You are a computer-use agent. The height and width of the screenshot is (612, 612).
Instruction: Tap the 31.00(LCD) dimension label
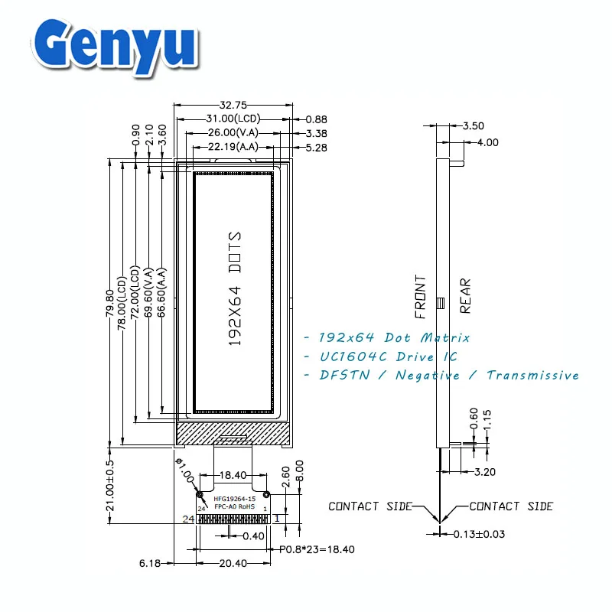(234, 119)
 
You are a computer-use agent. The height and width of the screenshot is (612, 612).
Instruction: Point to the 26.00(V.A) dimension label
(234, 133)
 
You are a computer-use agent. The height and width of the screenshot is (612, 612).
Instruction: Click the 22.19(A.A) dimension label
(234, 147)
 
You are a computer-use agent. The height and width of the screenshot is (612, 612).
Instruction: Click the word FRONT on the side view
(421, 296)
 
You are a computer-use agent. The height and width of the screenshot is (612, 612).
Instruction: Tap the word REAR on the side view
(465, 296)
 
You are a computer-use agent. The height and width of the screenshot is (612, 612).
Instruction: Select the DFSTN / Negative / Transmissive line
(441, 375)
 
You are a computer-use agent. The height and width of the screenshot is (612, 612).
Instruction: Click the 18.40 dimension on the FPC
(233, 475)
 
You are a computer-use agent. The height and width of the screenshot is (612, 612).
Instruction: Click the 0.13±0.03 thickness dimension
(478, 534)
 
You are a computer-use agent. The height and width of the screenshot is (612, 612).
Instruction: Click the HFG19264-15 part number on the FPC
(234, 499)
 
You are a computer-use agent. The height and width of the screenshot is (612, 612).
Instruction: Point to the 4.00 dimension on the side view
(487, 142)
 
